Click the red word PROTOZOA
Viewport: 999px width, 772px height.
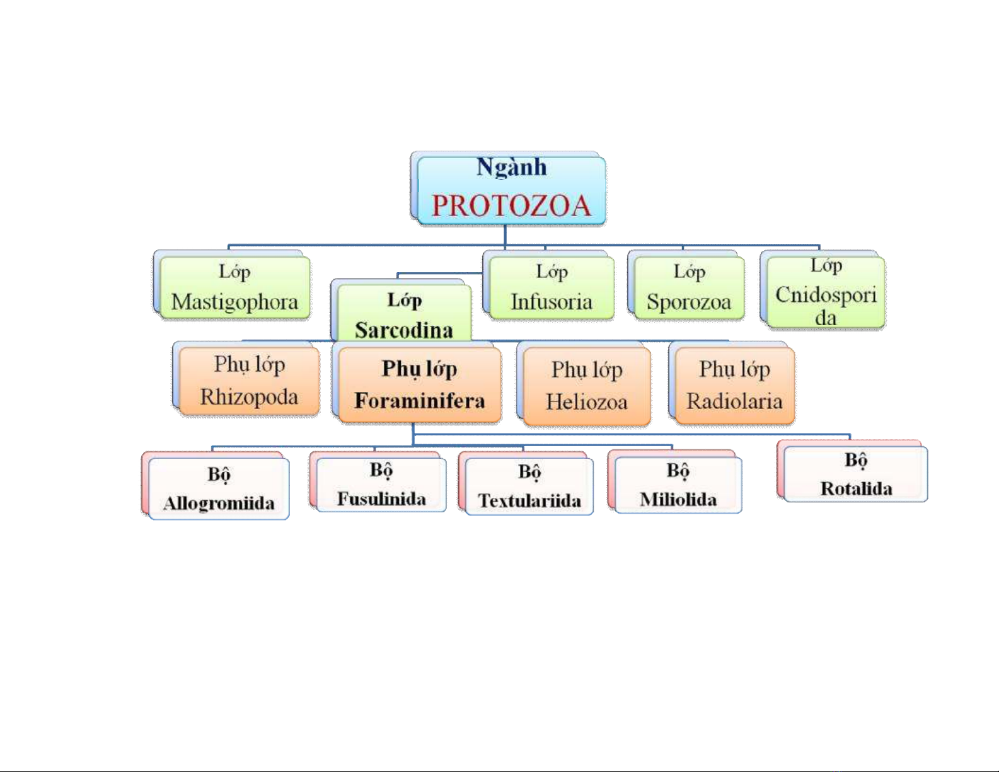pyautogui.click(x=511, y=205)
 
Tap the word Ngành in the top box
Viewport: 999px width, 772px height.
pyautogui.click(x=511, y=167)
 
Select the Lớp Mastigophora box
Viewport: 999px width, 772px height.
pyautogui.click(x=234, y=287)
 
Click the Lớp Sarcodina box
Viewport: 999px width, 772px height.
pyautogui.click(x=404, y=313)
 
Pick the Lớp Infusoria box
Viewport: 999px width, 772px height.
pyautogui.click(x=551, y=287)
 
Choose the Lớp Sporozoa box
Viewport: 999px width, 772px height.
pyautogui.click(x=689, y=287)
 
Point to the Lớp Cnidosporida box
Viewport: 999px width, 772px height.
pyautogui.click(x=826, y=292)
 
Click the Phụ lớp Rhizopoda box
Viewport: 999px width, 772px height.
pyautogui.click(x=249, y=381)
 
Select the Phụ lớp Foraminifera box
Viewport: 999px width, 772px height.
pyautogui.click(x=420, y=384)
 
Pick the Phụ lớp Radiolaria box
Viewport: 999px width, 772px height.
pyautogui.click(x=734, y=384)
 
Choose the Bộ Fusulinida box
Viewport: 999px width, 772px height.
pyautogui.click(x=381, y=485)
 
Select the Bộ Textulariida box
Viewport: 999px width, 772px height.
pyautogui.click(x=529, y=486)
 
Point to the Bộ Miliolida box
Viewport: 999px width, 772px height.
pyautogui.click(x=678, y=485)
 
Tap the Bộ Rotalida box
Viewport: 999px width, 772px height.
pyautogui.click(x=856, y=474)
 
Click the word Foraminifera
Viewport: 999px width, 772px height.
pyautogui.click(x=420, y=401)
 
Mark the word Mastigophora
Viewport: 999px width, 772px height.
pyautogui.click(x=234, y=302)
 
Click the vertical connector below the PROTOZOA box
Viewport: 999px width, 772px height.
pyautogui.click(x=505, y=234)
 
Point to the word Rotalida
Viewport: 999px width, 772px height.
pyautogui.click(x=856, y=489)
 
